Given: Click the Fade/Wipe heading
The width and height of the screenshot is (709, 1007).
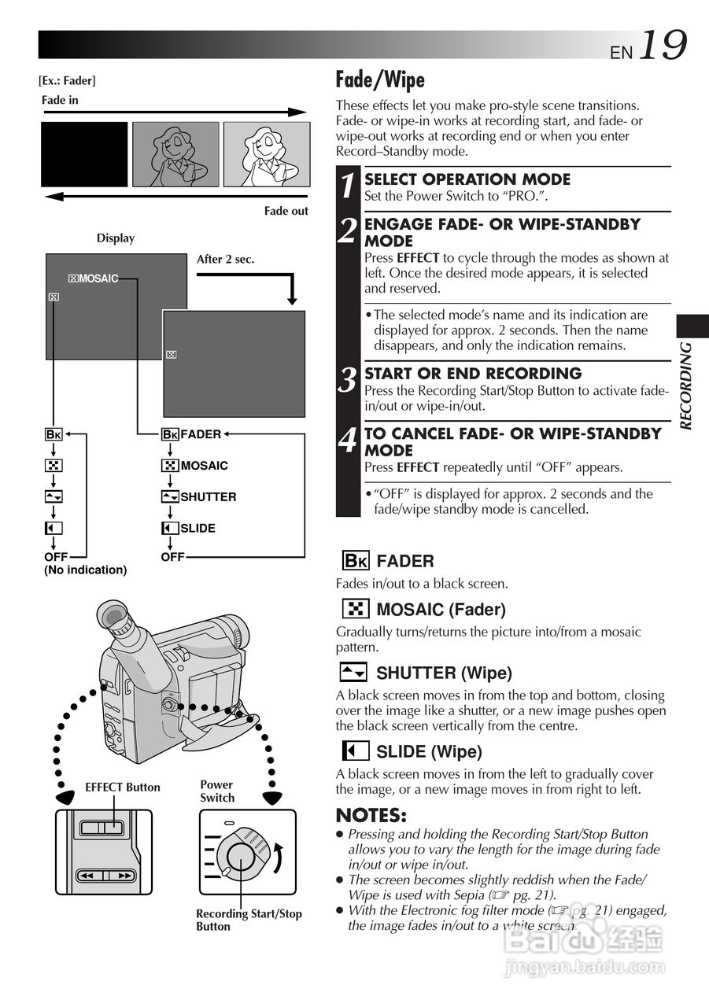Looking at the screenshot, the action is coord(380,79).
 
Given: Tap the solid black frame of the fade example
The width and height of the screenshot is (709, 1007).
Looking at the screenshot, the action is coord(84,154).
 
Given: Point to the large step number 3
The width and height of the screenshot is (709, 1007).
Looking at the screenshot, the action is coord(348,380).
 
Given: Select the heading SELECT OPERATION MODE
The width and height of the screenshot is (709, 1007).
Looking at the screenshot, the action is coord(467,179).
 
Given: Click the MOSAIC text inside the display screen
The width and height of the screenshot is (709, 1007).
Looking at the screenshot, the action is coord(98,278).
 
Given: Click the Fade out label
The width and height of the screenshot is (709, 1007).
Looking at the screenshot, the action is coord(286,211).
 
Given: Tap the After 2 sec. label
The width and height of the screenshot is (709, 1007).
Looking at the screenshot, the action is coord(225,259).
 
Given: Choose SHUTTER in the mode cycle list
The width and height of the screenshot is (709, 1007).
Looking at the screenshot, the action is coord(209,496).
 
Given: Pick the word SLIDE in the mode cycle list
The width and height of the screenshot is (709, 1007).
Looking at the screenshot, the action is coord(198,528).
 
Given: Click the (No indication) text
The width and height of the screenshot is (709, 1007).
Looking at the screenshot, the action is coord(86,570).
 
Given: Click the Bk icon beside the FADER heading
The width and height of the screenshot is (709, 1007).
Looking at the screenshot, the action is coord(356,561).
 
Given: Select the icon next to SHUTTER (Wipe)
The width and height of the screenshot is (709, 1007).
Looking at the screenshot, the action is coord(353,673).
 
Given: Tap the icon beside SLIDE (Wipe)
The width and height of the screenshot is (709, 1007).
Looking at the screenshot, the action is coord(356,751).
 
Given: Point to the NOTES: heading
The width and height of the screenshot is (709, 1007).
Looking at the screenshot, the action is coord(371,816).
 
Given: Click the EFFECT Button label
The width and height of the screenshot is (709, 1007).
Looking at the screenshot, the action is coord(123,788).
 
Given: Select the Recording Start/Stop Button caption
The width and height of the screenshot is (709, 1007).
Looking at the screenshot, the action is coord(249,920).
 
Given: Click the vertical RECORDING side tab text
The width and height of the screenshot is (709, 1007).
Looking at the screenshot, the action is coord(685,386).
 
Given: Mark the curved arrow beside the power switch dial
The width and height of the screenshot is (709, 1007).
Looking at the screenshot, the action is coord(279,858).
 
